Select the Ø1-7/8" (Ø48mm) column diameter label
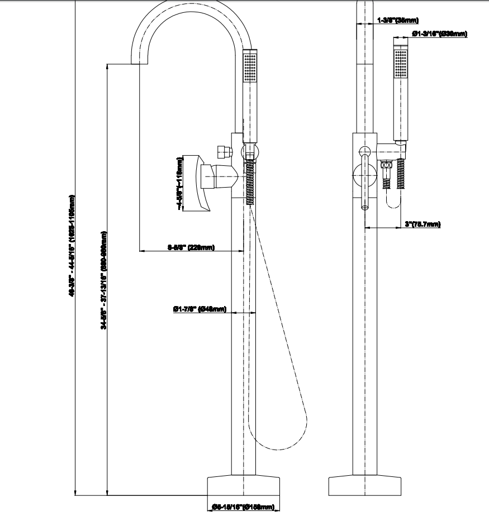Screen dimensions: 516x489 pos(200,308)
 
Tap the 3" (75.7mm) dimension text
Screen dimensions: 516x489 pos(422,224)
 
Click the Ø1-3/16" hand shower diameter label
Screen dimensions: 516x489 pos(439,34)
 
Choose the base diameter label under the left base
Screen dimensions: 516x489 pos(243,507)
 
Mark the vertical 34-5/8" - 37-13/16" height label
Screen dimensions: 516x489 pos(105,279)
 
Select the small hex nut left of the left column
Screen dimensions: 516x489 pos(224,151)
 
